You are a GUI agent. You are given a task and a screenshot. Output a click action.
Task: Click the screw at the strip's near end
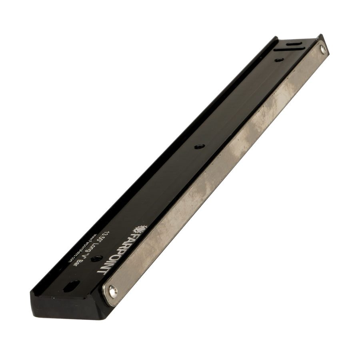[114, 292]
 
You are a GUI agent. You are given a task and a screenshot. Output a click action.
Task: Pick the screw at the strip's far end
[323, 49]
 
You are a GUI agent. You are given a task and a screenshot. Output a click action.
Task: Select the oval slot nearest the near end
[72, 286]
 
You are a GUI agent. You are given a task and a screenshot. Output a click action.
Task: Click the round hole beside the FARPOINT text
[96, 259]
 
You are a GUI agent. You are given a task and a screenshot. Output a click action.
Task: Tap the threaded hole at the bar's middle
[199, 147]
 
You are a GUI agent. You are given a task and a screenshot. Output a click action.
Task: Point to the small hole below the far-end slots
[279, 60]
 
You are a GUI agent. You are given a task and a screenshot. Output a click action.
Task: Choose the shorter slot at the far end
[295, 44]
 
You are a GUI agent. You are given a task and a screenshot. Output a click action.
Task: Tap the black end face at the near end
[68, 306]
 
